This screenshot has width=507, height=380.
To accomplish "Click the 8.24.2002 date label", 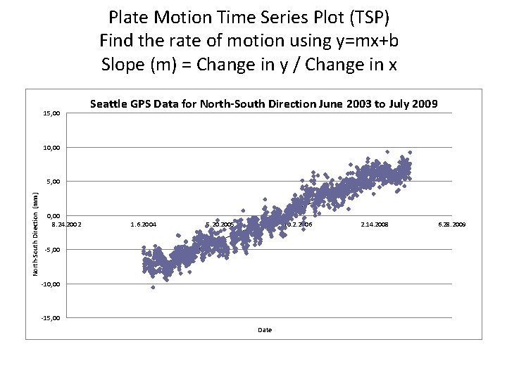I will [67, 224].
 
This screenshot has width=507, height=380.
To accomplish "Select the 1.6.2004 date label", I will [144, 224].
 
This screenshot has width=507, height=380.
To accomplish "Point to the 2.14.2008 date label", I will [374, 224].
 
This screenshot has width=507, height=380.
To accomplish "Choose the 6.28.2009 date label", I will [451, 224].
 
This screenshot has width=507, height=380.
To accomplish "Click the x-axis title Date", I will [265, 330].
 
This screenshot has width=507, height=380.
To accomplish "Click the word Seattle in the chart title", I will [108, 105].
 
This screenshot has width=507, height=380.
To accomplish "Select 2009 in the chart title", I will [424, 105].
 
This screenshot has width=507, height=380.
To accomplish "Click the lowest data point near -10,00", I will [153, 287].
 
